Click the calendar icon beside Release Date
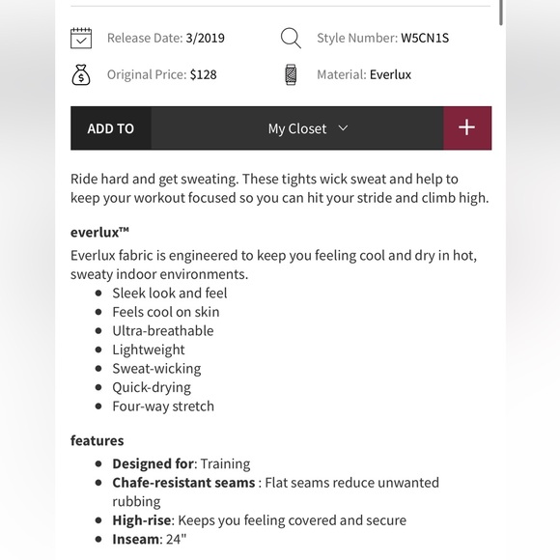tap(81, 39)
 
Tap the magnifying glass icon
tap(291, 39)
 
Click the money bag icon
tap(81, 74)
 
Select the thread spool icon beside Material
tap(291, 74)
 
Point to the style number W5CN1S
tap(425, 39)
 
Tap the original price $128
tap(203, 74)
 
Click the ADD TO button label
tap(111, 128)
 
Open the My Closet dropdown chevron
tap(343, 128)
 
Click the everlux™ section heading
tap(100, 232)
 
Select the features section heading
tap(98, 440)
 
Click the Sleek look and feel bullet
tap(170, 293)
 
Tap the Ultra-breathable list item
tap(163, 330)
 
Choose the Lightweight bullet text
tap(149, 350)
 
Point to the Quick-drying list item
tap(152, 387)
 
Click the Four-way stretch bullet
tap(163, 406)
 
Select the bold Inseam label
tap(135, 539)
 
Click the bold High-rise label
tap(142, 519)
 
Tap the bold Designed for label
tap(153, 463)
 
